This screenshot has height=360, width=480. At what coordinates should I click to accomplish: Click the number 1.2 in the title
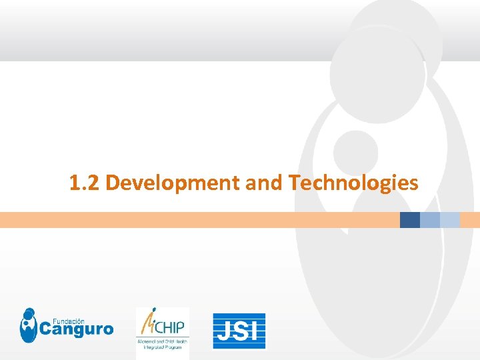pos(85,182)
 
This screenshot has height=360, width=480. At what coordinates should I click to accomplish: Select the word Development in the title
pos(173,182)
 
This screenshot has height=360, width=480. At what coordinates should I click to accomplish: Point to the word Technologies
pos(354,182)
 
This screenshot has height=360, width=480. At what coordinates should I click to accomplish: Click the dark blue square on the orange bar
pos(410,220)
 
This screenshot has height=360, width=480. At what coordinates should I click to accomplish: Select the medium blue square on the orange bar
pos(430,220)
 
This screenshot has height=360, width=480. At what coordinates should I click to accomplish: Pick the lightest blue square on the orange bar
pos(450,220)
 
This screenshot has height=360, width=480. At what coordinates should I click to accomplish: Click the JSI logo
pos(239,331)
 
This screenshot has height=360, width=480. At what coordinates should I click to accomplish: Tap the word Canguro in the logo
pos(76,329)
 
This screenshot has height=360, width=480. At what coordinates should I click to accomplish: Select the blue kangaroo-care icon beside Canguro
pos(29,325)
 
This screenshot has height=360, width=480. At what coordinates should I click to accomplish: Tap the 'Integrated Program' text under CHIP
pos(162,348)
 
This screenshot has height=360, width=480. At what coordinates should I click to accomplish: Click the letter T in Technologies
pos(295,182)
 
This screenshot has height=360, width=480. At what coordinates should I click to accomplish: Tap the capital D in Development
pos(112,182)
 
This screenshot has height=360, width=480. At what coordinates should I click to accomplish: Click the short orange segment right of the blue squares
pos(470,220)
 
